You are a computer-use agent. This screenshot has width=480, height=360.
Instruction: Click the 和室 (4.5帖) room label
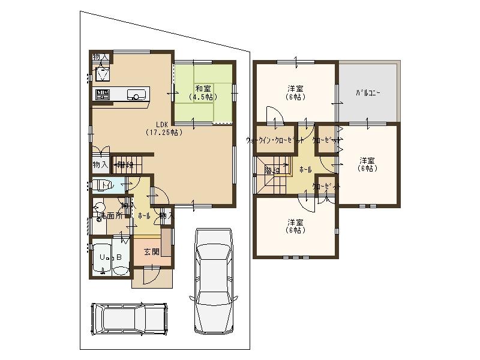[x=202, y=92]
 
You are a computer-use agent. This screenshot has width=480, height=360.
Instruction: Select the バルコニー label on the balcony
[x=368, y=94]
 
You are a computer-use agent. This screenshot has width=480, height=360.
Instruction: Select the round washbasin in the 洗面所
[x=100, y=209]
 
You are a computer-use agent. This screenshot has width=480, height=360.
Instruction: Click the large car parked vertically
[x=214, y=280]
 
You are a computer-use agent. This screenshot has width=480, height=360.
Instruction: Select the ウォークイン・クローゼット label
[x=275, y=140]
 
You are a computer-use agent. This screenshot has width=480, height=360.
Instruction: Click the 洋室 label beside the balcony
[x=368, y=164]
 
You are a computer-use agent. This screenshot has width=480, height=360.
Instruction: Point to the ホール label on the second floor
[x=305, y=170]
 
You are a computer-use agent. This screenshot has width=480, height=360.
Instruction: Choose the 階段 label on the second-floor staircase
[x=272, y=170]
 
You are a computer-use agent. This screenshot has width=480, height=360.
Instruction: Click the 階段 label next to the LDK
[x=125, y=164]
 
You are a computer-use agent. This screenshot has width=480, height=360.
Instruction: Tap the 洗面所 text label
[x=112, y=215]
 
